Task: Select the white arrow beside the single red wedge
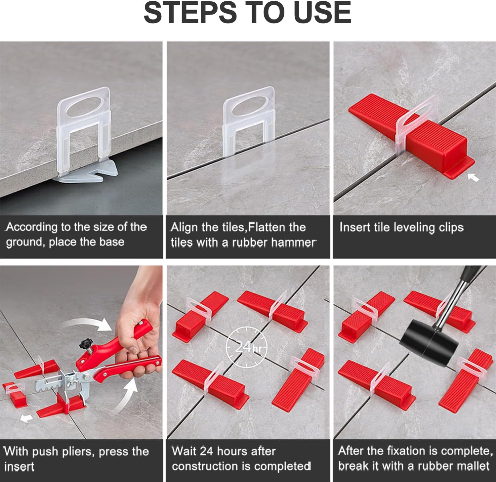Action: [x=474, y=178]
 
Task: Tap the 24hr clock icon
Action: [x=246, y=347]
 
